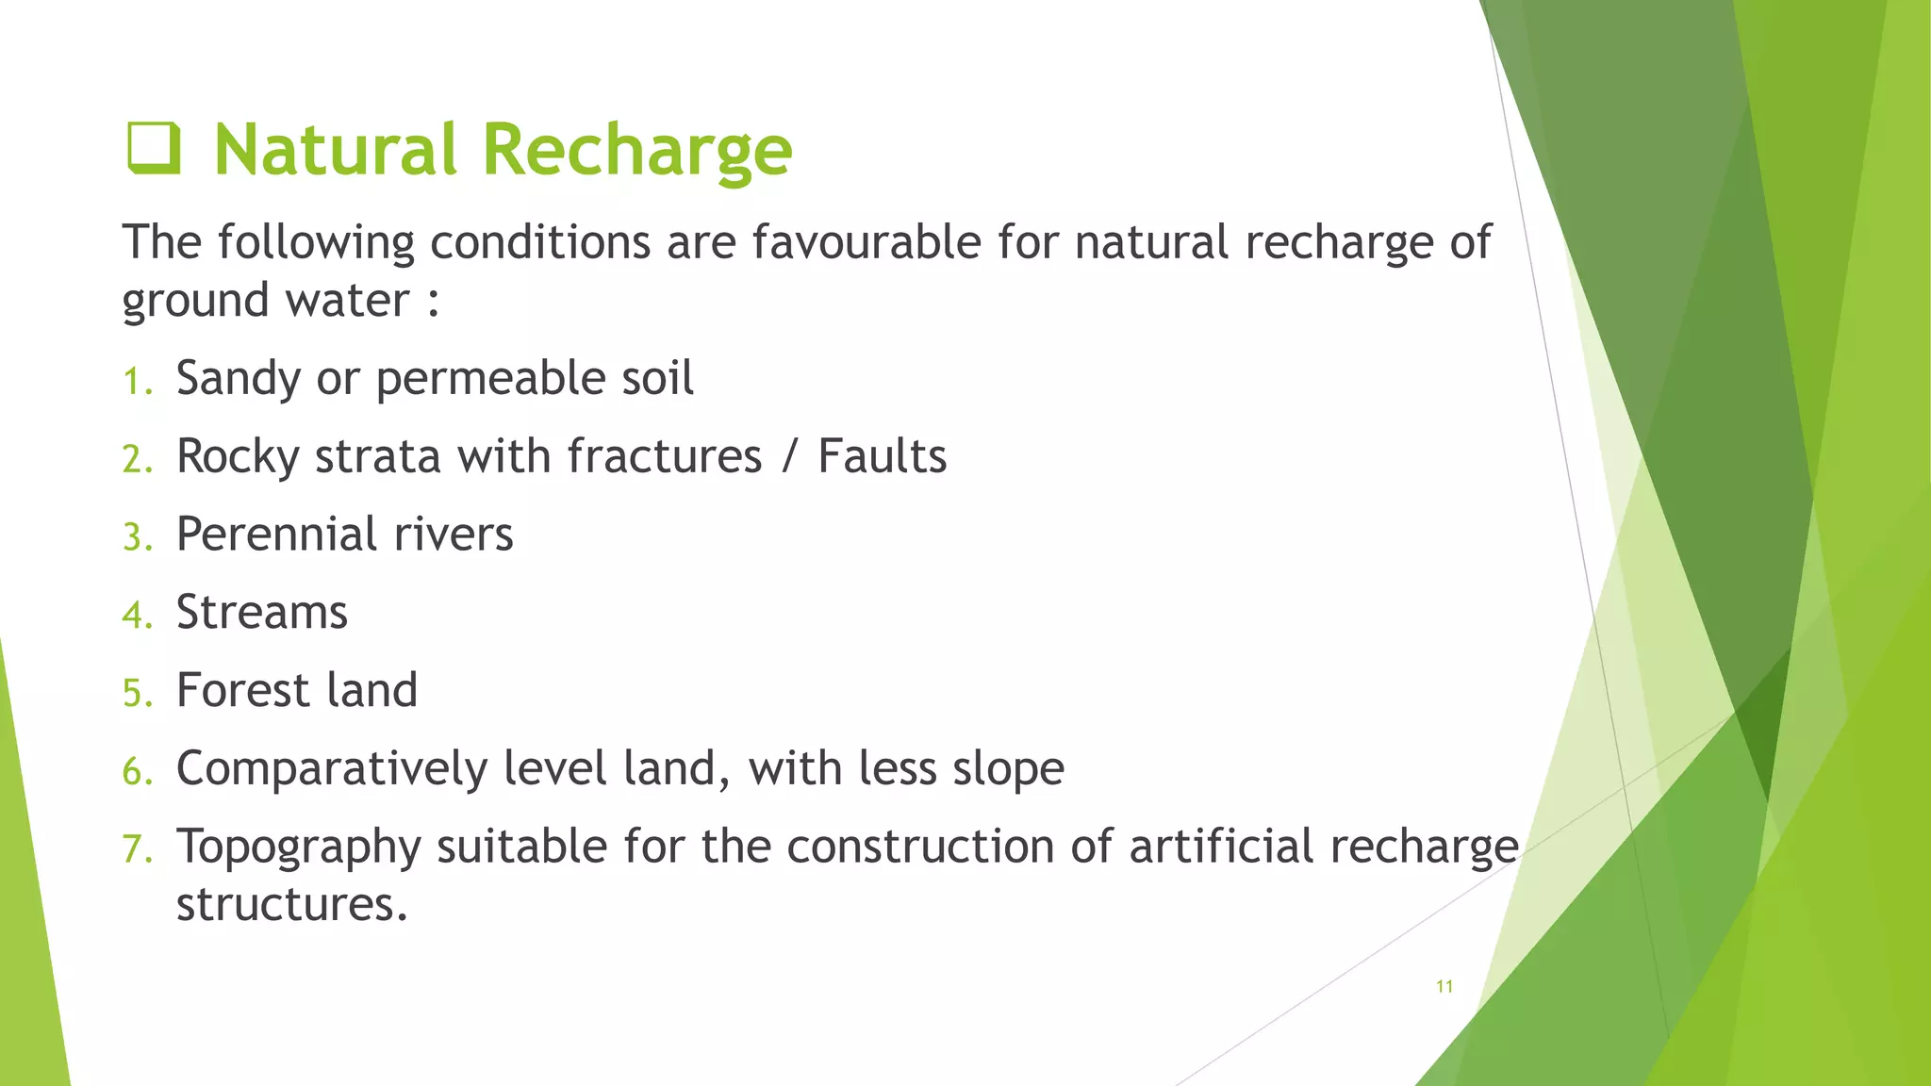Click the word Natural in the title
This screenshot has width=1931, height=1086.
335,151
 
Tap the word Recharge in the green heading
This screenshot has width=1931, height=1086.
637,151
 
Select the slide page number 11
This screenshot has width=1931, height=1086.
1444,986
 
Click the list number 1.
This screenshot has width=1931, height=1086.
136,382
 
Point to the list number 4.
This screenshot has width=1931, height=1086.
136,616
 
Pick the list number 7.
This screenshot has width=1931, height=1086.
136,849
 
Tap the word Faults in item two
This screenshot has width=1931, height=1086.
882,457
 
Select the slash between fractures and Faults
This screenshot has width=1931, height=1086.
789,457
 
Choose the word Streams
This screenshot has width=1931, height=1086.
262,613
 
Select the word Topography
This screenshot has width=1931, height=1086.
299,847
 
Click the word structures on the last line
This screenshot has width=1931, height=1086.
292,905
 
